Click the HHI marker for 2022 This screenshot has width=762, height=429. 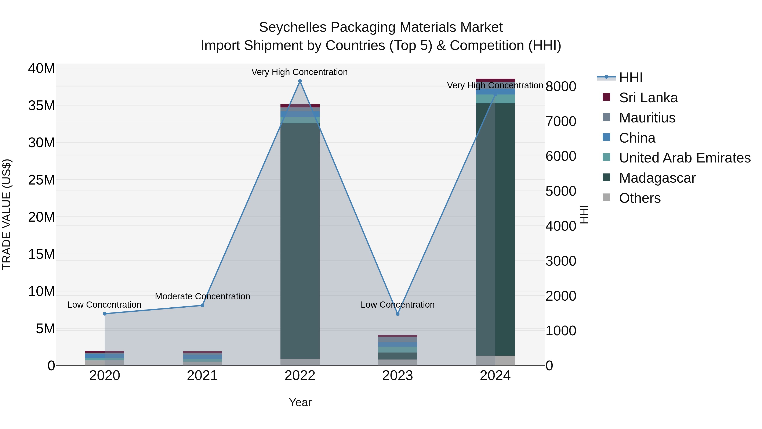coord(300,81)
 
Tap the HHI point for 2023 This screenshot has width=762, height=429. coord(398,314)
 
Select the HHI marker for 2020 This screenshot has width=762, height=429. coord(105,314)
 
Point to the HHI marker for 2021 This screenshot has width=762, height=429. coord(202,305)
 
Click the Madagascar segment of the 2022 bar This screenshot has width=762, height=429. coord(300,241)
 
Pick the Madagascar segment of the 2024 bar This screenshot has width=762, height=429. coord(495,229)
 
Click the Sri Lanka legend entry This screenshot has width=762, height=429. coord(648,98)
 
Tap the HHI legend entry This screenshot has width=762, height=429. coord(630,78)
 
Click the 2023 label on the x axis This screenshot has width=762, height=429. coord(398,375)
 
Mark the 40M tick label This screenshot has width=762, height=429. coord(41,68)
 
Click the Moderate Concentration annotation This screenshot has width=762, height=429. coord(202,296)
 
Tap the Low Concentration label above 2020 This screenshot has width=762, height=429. coord(104,305)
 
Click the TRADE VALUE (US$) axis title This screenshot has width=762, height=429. coord(7,214)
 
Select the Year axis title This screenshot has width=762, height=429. coord(300,402)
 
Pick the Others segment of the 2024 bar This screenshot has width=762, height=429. coord(495,360)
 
